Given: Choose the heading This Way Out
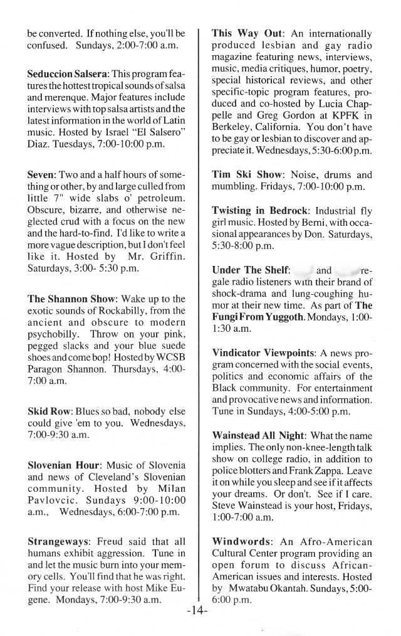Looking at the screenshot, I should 247,34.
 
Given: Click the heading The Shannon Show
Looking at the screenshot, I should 73,299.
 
